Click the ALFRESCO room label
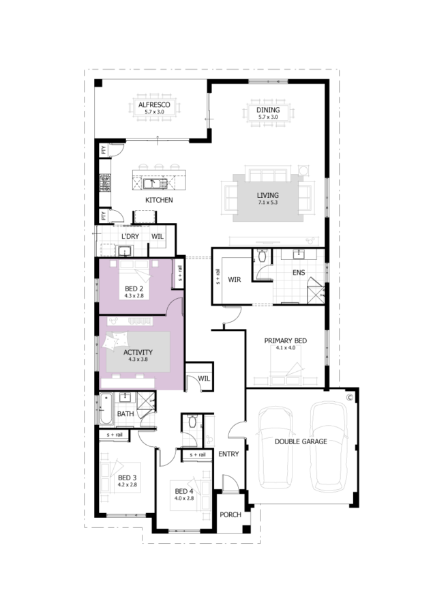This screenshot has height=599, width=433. point(154,104)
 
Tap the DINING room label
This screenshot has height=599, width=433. point(268,110)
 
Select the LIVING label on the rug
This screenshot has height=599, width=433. point(268,195)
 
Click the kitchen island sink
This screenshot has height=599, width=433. point(155,184)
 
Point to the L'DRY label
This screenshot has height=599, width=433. point(130,237)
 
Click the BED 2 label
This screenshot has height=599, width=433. point(134,289)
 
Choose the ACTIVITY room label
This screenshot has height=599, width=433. point(138,352)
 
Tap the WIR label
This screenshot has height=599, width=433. point(235,280)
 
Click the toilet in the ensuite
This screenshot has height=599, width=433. point(262,255)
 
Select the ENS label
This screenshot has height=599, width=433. point(299,272)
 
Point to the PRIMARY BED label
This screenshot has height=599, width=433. point(286,340)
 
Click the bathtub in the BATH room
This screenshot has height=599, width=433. point(106,409)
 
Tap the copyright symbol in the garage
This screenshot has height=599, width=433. point(349,398)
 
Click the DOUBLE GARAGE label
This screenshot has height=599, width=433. point(301,441)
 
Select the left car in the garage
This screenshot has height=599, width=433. point(276,448)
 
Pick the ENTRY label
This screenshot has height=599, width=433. point(228,454)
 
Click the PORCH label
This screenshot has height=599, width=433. point(230,514)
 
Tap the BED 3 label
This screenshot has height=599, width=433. point(127,478)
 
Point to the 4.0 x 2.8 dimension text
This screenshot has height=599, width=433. point(184,498)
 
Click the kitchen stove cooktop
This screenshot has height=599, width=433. point(105,183)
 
